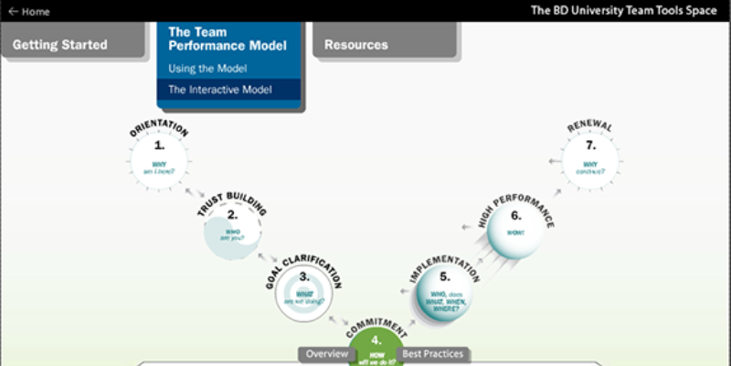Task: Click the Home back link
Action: (29, 11)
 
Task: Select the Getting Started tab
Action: (60, 44)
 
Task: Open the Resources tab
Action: (356, 44)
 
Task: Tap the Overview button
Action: (327, 354)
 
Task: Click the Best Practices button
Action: (433, 354)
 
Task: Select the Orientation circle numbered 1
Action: (159, 160)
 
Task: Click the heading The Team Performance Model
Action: (227, 38)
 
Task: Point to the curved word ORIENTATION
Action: (159, 129)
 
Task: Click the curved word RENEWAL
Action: (589, 125)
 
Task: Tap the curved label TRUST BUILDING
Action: (232, 201)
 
